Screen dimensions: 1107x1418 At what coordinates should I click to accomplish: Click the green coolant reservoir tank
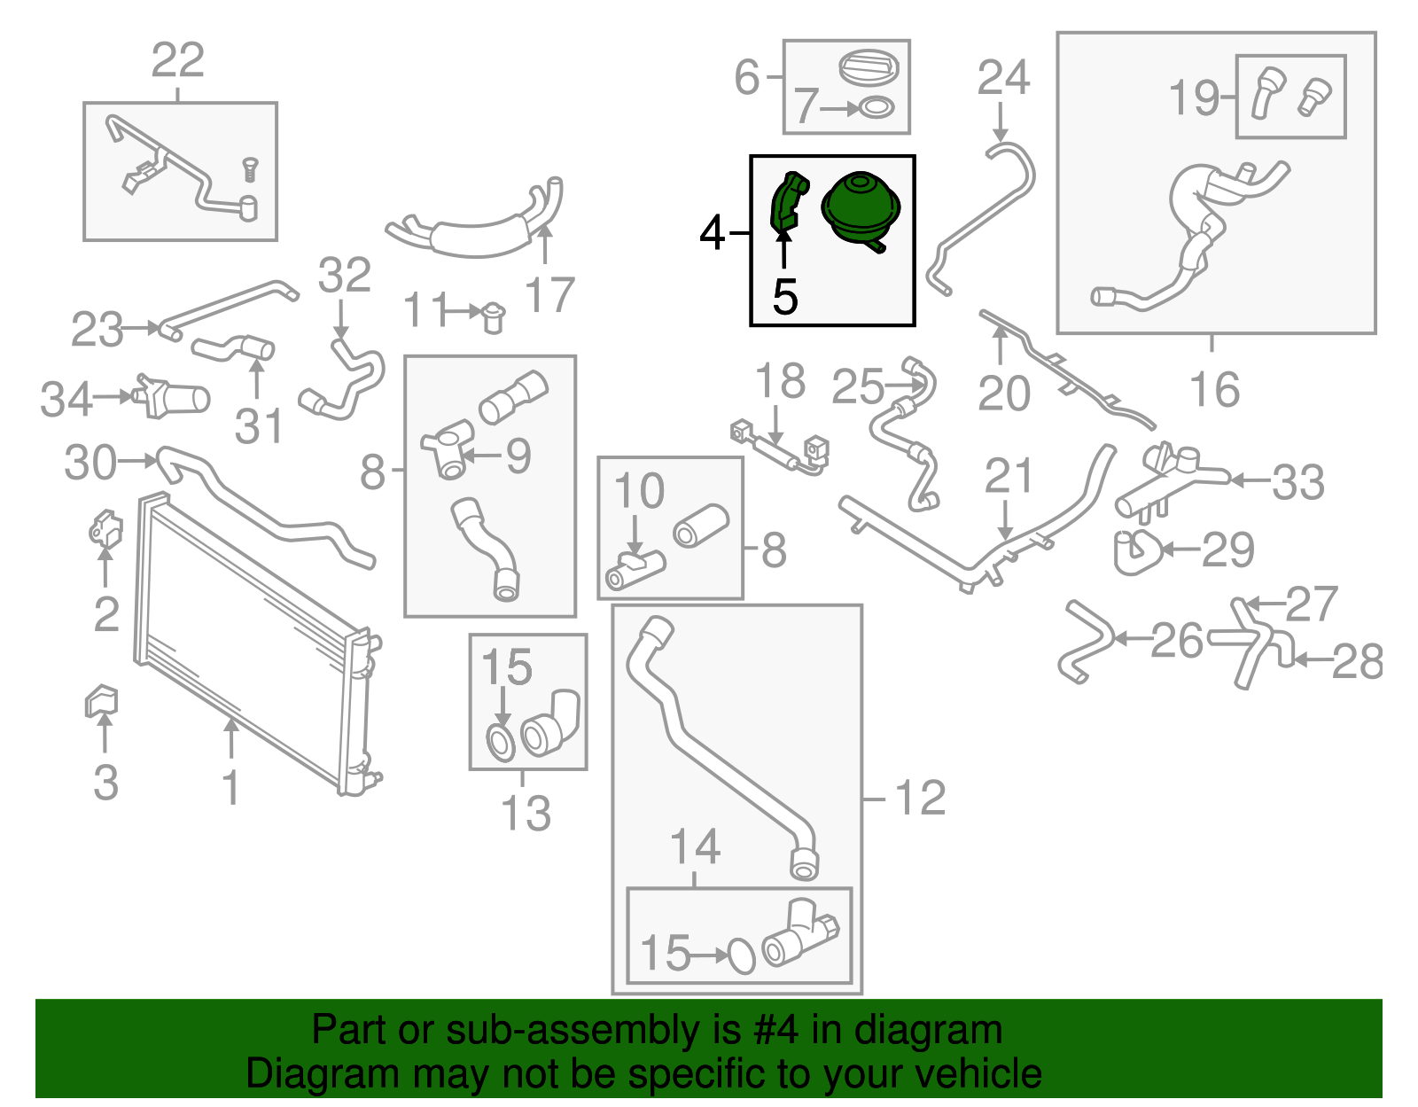pyautogui.click(x=861, y=207)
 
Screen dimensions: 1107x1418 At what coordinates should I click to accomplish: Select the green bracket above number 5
pyautogui.click(x=786, y=202)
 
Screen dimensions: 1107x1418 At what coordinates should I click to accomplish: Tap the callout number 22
pyautogui.click(x=177, y=60)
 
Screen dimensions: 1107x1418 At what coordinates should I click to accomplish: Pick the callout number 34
pyautogui.click(x=66, y=399)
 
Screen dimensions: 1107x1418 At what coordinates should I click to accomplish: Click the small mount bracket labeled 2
pyautogui.click(x=105, y=529)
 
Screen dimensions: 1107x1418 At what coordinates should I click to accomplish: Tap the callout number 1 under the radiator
pyautogui.click(x=230, y=787)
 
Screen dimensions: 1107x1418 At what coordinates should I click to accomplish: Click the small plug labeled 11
pyautogui.click(x=493, y=316)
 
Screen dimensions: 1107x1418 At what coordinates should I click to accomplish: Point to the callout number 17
pyautogui.click(x=549, y=295)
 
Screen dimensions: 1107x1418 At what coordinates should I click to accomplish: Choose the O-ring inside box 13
pyautogui.click(x=501, y=743)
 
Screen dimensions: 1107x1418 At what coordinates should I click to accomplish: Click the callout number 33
pyautogui.click(x=1297, y=482)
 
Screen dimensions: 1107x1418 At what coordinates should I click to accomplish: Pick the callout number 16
pyautogui.click(x=1214, y=390)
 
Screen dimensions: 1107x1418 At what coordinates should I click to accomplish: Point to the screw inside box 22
pyautogui.click(x=250, y=169)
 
